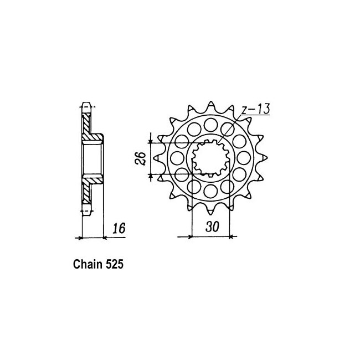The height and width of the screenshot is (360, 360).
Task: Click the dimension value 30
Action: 212,227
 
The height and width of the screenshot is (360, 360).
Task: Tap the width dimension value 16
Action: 119,228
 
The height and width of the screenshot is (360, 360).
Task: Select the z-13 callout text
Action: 255,109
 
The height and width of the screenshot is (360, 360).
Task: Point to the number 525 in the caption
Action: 115,264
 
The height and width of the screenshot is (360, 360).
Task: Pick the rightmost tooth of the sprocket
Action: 264,158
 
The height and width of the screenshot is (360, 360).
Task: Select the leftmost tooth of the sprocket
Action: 158,158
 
